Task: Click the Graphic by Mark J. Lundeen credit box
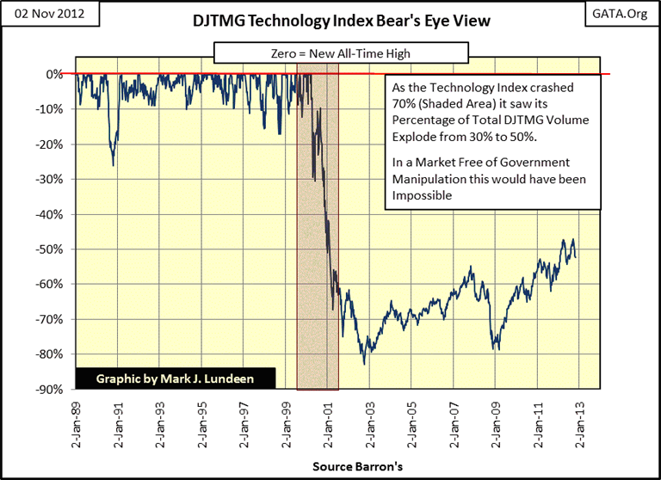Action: pos(176,378)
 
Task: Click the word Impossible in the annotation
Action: pos(423,195)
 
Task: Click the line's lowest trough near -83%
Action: pos(364,364)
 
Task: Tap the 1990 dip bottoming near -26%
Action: pos(113,165)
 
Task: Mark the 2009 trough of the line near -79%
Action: pos(496,349)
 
